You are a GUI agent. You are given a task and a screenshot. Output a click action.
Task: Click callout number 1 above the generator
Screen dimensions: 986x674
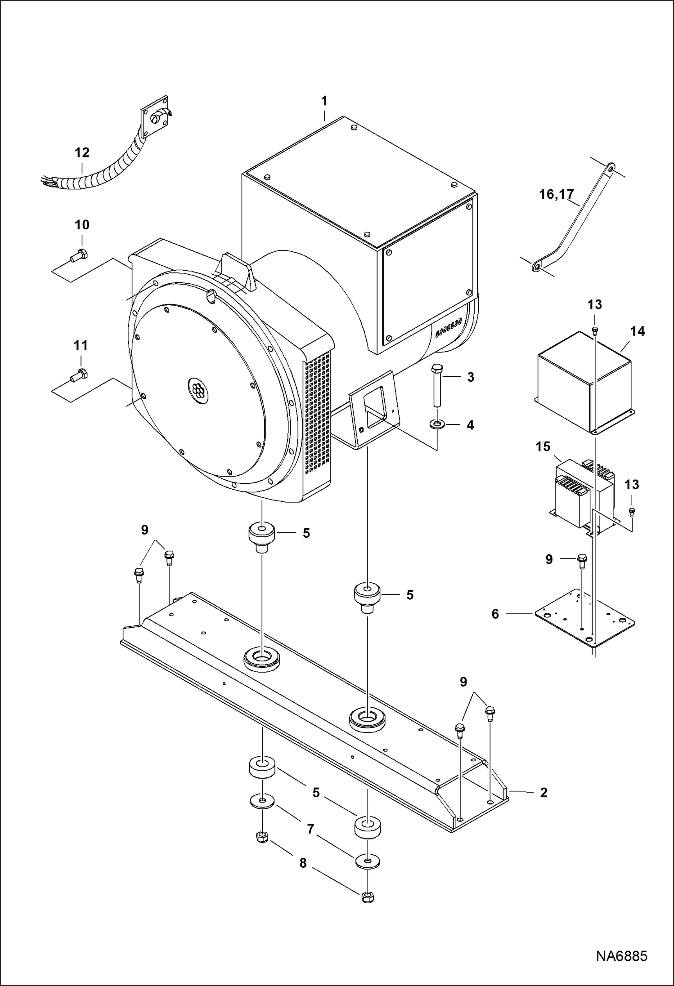click(324, 101)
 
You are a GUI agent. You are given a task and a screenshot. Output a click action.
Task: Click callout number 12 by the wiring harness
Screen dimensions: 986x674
click(82, 153)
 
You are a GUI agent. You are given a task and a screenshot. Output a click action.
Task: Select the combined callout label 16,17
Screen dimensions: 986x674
click(556, 194)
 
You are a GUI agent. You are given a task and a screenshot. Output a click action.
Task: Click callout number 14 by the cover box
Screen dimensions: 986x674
click(638, 331)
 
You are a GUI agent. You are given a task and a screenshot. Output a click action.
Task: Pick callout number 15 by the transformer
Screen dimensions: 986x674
click(543, 446)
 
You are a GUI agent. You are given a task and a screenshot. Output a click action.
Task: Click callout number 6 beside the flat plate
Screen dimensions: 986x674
click(495, 614)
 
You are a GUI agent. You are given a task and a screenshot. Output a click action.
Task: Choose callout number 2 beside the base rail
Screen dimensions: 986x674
click(544, 792)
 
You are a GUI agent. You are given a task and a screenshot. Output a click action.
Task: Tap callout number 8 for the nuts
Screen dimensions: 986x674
click(303, 863)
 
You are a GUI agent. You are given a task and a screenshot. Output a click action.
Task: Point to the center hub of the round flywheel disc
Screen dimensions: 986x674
click(197, 387)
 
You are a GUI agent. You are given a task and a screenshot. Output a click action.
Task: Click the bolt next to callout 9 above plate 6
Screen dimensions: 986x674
click(582, 560)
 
